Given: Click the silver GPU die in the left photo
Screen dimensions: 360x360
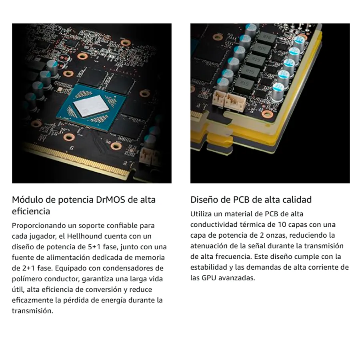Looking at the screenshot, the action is point(91,106).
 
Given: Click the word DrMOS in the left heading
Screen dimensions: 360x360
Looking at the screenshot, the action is point(110,200).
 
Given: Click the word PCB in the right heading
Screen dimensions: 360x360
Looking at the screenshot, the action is point(241,200).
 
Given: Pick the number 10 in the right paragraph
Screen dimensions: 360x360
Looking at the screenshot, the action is point(282,224).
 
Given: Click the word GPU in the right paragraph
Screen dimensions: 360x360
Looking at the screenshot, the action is point(209,278).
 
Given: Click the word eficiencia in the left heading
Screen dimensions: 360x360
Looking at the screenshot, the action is point(31,212).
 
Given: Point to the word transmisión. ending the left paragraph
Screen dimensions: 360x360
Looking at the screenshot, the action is point(32,311).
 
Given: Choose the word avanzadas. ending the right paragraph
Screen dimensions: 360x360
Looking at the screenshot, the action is point(237,278).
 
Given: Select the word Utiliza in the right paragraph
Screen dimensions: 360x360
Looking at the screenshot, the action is point(201,214).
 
